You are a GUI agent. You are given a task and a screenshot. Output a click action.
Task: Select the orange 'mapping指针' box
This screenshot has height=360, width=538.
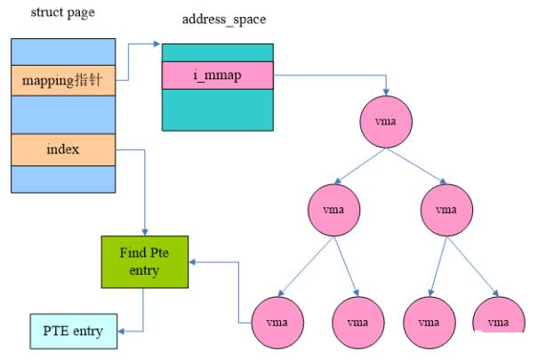click(63, 82)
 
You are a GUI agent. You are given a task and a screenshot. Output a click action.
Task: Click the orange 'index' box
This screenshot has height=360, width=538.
click(63, 148)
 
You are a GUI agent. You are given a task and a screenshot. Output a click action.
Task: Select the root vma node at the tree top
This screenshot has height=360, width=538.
click(386, 123)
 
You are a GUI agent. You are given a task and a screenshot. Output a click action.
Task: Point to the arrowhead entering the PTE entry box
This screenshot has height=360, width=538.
click(121, 331)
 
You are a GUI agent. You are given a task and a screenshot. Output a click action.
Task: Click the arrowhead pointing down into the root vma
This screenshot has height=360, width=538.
click(386, 92)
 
